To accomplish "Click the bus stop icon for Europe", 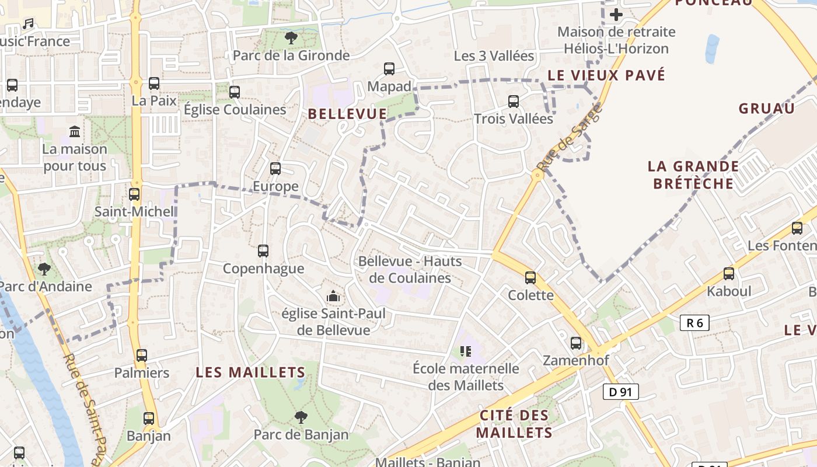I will (x=275, y=169).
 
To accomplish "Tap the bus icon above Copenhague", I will (x=263, y=251).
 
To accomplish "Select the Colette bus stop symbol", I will (x=530, y=278).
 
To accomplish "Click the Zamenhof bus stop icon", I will (x=576, y=343).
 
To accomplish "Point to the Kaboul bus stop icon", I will (x=729, y=273).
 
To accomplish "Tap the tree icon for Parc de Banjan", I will (x=301, y=417).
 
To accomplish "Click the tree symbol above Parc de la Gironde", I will (x=291, y=39).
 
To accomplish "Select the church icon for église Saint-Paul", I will (x=333, y=297).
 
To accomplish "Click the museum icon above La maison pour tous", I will (x=75, y=131).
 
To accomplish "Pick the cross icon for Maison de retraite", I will (x=616, y=15).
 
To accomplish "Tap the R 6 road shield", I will (x=694, y=323).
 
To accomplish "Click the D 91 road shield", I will (x=621, y=392).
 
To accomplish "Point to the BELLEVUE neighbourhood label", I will (x=347, y=114).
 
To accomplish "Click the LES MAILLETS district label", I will (x=250, y=372).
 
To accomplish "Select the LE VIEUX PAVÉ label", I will (x=606, y=75).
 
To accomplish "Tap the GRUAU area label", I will (x=766, y=109).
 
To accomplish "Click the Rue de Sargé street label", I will (x=568, y=138).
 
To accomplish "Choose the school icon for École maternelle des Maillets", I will (x=465, y=351).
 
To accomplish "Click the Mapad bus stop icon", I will (x=389, y=69).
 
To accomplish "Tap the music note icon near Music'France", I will (x=27, y=24).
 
